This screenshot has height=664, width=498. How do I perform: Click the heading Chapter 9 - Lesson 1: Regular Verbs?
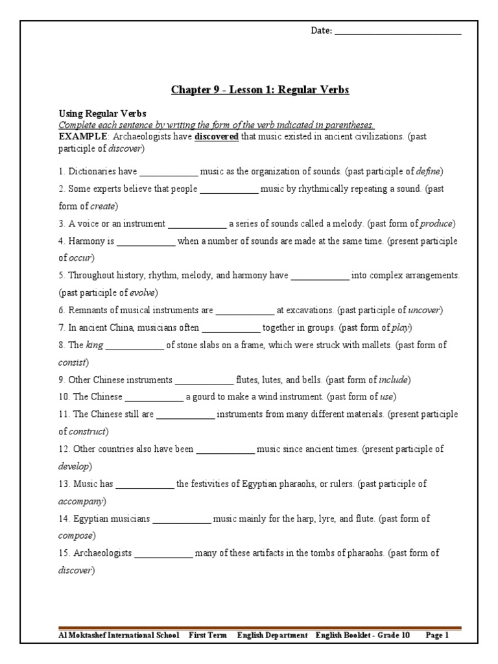click(x=260, y=90)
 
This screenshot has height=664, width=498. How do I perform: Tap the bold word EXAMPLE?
click(x=81, y=137)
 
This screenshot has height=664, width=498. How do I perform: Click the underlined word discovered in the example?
click(x=217, y=137)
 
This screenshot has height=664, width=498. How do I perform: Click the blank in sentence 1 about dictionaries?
click(x=169, y=173)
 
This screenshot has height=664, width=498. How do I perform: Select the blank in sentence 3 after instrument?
click(x=197, y=225)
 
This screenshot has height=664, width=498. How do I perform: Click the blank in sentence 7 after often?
click(x=231, y=329)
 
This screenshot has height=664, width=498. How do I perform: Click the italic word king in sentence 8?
click(x=95, y=345)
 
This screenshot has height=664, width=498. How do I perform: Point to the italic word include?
click(x=394, y=379)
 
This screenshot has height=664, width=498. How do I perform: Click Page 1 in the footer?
click(x=437, y=636)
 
